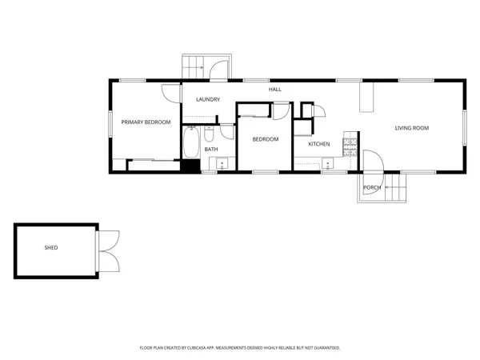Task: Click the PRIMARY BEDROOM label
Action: pos(146,122)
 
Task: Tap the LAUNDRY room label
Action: pos(208,99)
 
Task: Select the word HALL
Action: pos(275,90)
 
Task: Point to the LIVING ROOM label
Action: pos(412,128)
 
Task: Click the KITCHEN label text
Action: pos(319,144)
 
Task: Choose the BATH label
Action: pos(210,149)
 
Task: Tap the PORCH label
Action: pos(371,188)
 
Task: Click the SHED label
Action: pos(50,248)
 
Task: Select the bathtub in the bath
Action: pos(191,145)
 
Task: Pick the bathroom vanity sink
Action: pos(222,164)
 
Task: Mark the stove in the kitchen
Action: pos(350,146)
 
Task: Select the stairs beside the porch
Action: pos(397,190)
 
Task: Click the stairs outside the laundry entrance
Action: pos(193,66)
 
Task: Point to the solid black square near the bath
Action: pos(190,166)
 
